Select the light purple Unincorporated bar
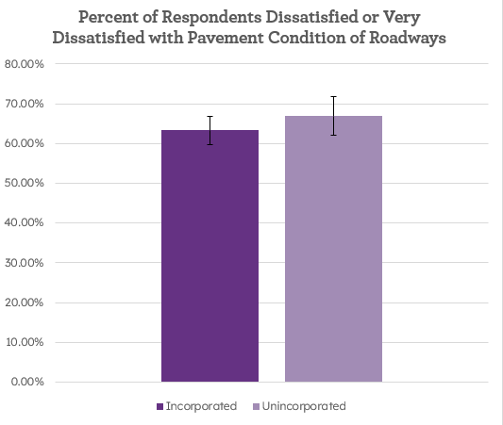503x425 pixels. [x=333, y=250]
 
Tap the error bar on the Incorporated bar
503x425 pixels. [x=210, y=130]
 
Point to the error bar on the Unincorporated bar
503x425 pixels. [x=333, y=116]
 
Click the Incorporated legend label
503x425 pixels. [x=201, y=406]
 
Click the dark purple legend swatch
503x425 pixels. [x=160, y=407]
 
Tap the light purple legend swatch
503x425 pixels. [x=258, y=407]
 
